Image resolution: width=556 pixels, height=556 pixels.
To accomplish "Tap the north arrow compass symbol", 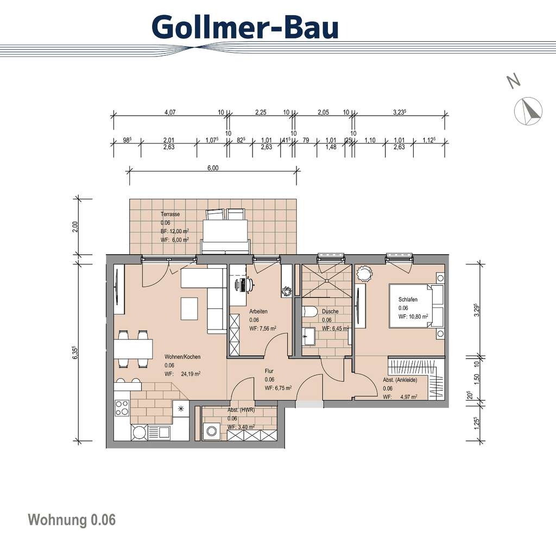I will (x=528, y=111).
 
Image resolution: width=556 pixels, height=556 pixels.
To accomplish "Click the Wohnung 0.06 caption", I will (x=72, y=520).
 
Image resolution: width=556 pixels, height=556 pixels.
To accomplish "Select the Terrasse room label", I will (x=170, y=214).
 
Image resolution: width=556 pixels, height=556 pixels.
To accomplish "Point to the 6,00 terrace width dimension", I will (x=213, y=168).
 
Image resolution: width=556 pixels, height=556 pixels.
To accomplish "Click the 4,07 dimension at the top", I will (x=169, y=112).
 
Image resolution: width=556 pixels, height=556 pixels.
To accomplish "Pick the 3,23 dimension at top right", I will (x=400, y=112).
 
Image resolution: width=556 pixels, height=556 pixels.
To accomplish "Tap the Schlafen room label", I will (x=407, y=299).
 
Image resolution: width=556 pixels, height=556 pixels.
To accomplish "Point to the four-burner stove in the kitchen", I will (x=122, y=407).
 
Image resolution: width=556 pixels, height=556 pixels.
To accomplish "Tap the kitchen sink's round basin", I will (x=140, y=432).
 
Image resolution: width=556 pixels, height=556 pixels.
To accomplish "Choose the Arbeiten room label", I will (x=258, y=312).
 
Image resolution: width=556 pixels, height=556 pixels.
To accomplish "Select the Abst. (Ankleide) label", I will (x=400, y=380).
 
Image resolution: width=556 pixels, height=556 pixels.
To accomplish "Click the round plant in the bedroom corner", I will (x=363, y=272).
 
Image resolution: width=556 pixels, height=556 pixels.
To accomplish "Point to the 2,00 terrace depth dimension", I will (x=76, y=225).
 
